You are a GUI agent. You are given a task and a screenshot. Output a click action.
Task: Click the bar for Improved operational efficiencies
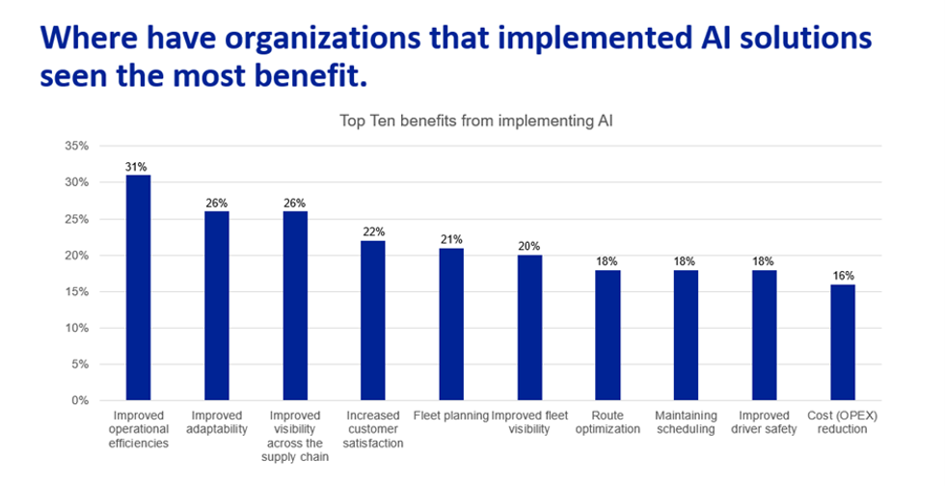coord(138,287)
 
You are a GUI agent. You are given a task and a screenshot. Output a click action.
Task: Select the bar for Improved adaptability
coord(216,306)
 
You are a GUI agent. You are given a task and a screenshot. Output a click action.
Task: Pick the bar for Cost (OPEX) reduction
coord(842,342)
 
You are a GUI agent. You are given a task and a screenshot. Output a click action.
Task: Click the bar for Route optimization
coord(607,335)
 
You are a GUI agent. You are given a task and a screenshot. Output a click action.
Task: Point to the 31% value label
coord(138,166)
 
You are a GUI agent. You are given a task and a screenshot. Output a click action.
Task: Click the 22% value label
coord(373,231)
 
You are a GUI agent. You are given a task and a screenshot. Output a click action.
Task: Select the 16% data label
coord(842,275)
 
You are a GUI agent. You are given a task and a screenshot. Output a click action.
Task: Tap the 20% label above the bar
coord(529,246)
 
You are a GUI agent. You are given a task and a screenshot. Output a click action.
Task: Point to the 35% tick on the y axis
coord(76,147)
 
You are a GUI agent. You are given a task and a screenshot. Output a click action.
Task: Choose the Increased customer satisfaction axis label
coord(373,429)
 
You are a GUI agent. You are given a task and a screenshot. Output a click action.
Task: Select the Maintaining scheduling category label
coord(686,422)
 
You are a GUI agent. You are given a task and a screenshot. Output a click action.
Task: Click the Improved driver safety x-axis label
coord(764,422)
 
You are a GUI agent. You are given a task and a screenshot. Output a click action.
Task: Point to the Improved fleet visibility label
coord(529,422)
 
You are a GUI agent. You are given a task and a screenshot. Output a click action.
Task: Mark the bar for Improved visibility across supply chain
coord(294,306)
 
